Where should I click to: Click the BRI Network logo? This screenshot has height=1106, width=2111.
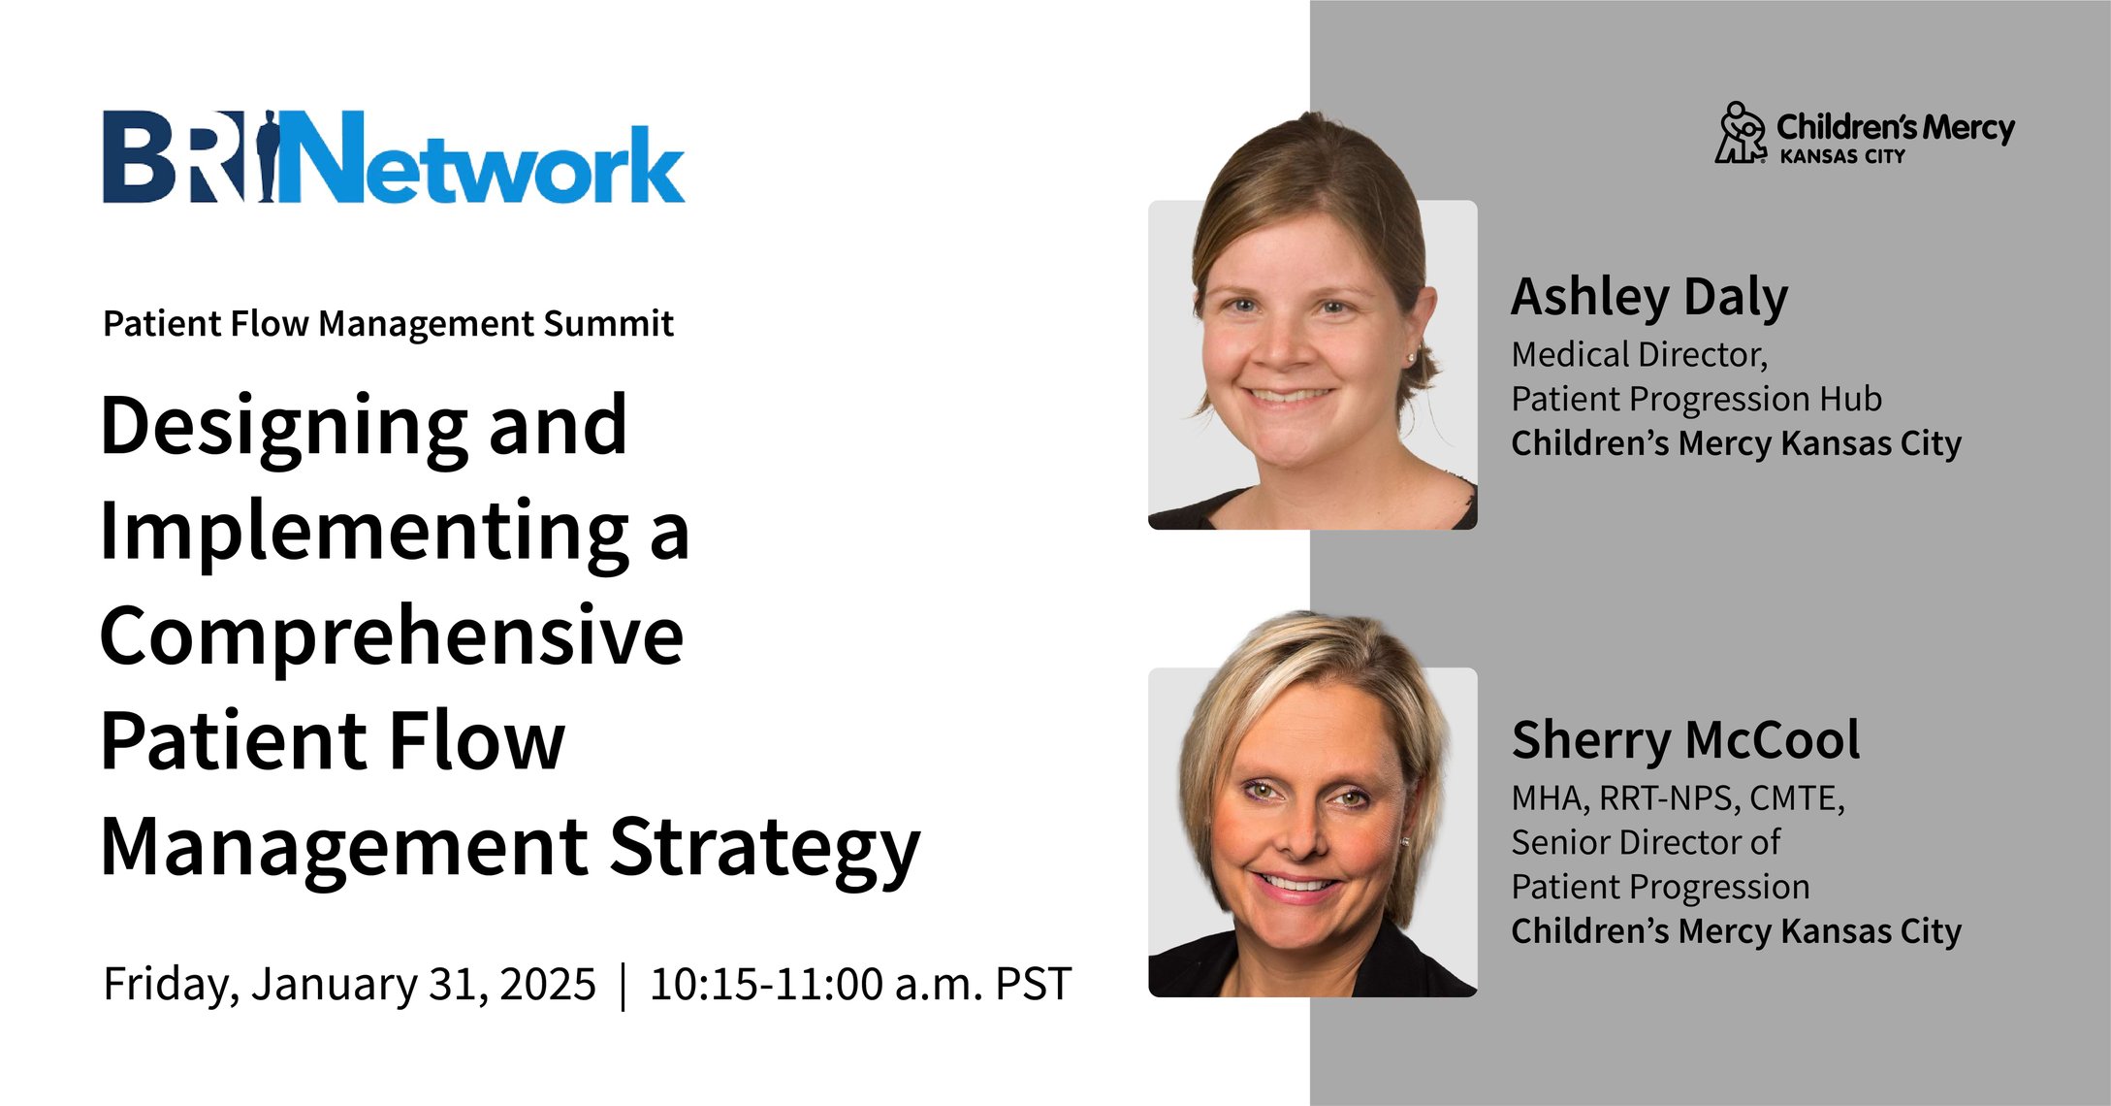pos(394,158)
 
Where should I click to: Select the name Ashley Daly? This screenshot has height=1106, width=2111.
pos(1649,297)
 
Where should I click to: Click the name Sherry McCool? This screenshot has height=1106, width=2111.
pos(1685,740)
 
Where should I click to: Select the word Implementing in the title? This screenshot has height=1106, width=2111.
pos(365,532)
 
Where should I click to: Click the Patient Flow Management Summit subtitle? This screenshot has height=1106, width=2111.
pos(388,324)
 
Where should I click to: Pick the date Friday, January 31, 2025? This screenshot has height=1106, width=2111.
pos(349,984)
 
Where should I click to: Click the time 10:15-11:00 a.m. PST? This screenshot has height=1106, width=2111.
pos(860,984)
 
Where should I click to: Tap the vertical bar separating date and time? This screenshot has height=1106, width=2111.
pos(623,985)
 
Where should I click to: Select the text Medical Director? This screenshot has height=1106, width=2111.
pos(1639,355)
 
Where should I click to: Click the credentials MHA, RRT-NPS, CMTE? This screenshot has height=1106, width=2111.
pos(1678,798)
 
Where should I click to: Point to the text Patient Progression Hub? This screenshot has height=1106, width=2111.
pos(1696,400)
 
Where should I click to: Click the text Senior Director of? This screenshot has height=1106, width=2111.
pos(1646,843)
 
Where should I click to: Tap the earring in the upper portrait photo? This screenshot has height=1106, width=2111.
pos(1411,358)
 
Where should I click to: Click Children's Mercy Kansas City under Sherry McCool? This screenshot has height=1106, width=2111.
pos(1736,931)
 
